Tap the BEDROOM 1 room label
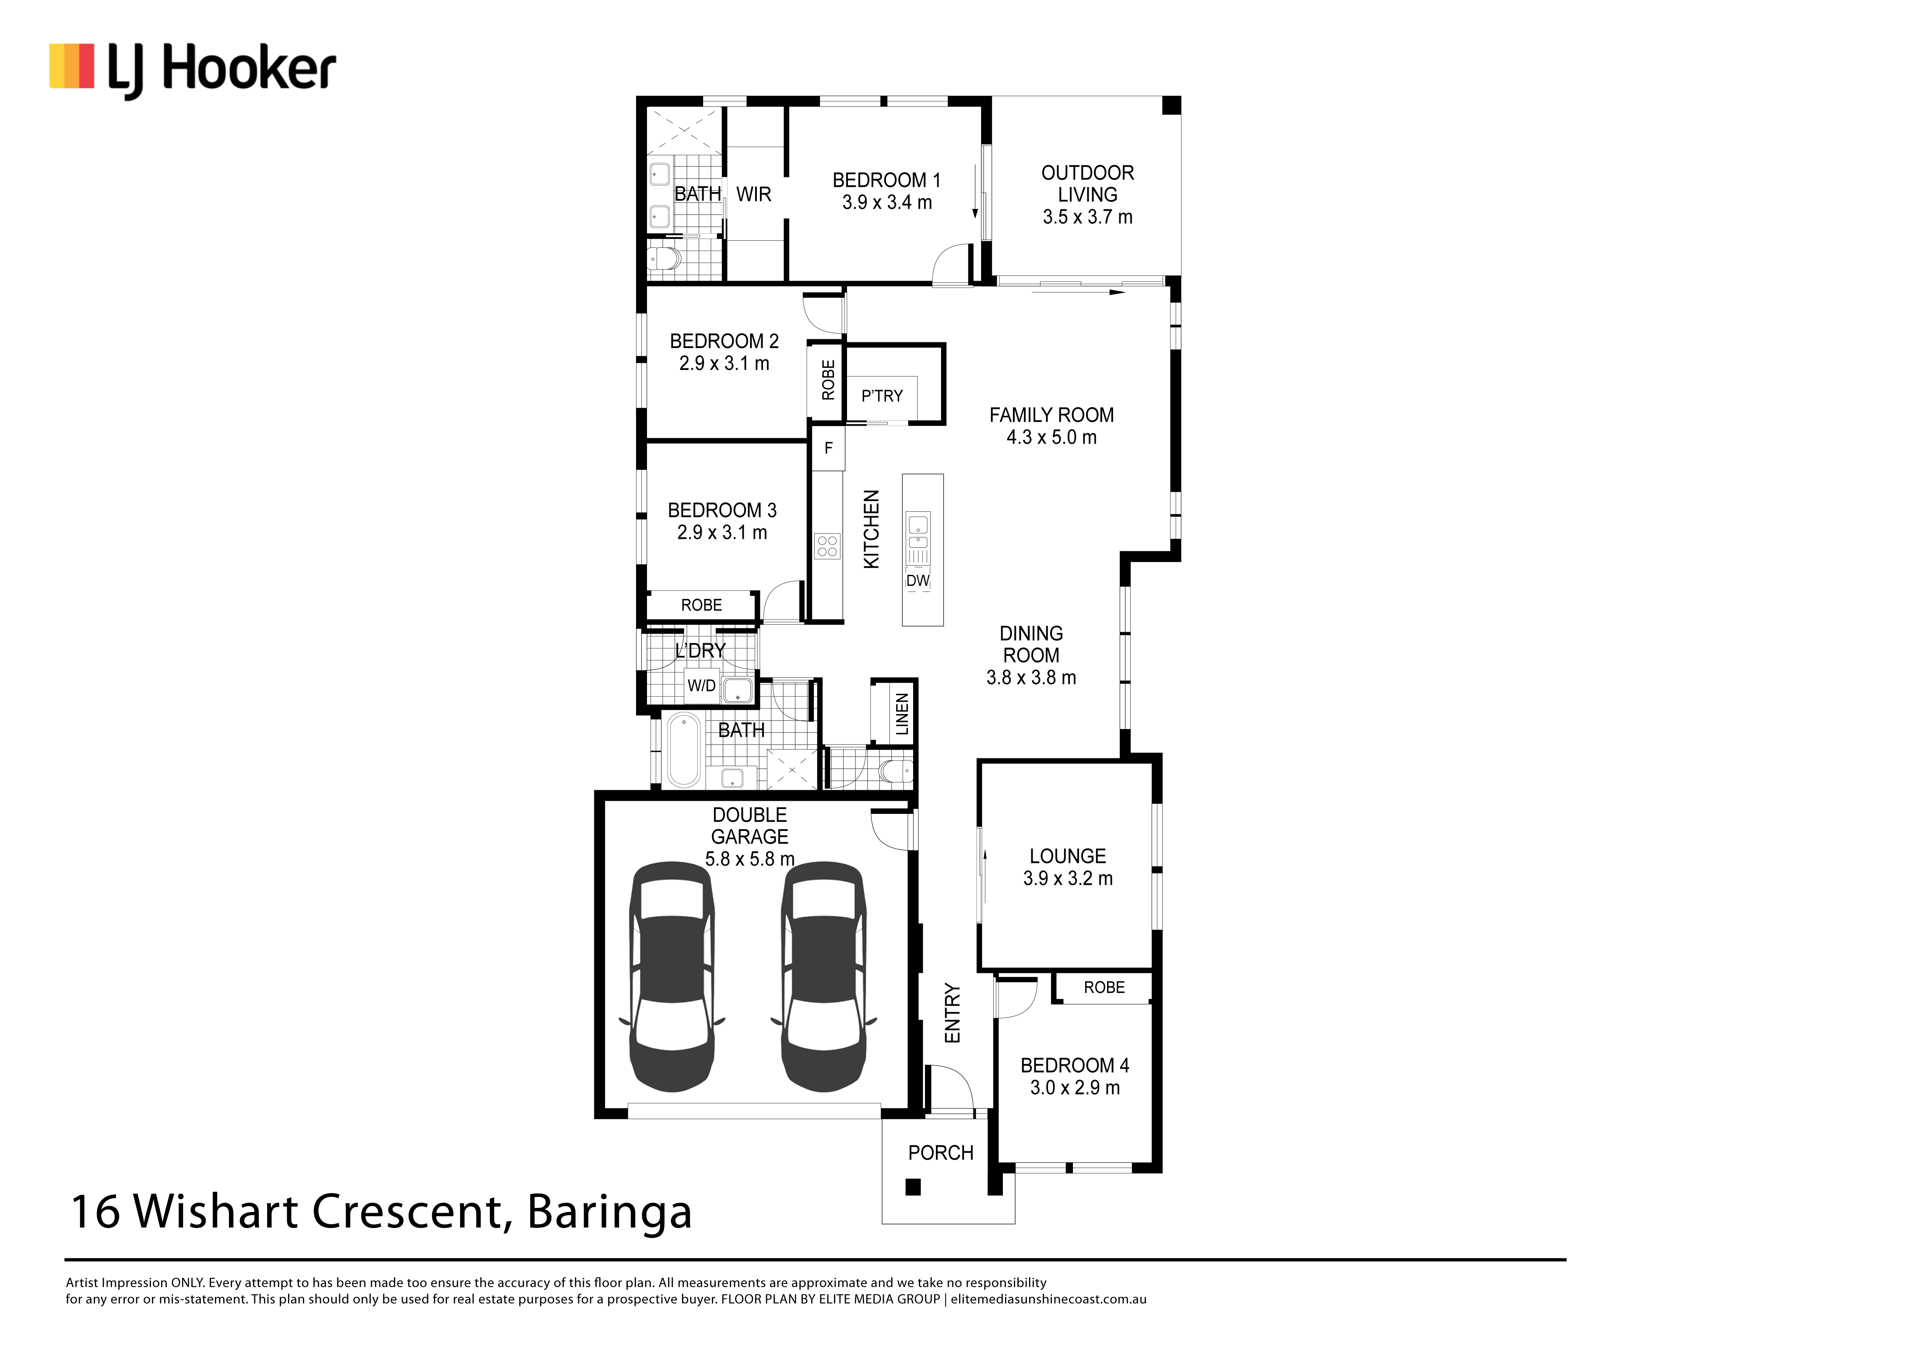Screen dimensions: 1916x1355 pos(886,180)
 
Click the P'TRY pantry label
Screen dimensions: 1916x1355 pos(882,395)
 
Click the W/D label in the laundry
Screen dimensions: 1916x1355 pos(701,686)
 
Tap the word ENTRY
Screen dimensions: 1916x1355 pos(952,1013)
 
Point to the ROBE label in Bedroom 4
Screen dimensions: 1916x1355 pos(1104,987)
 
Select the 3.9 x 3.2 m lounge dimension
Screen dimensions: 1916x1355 pos(1068,878)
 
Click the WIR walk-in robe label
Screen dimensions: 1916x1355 pos(753,194)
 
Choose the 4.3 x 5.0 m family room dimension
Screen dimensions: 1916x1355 pos(1051,437)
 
